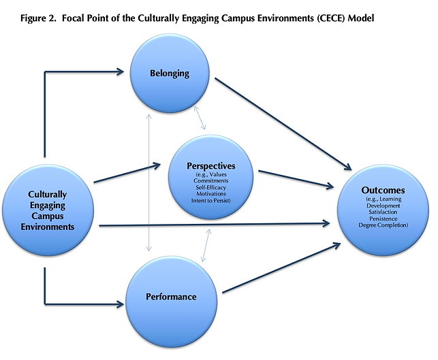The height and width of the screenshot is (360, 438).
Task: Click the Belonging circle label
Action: pos(170,73)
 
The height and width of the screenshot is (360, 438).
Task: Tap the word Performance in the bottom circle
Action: pos(171,297)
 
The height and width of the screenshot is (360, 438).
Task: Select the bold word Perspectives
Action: pos(211,166)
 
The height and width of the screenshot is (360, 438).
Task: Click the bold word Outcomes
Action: pos(383,190)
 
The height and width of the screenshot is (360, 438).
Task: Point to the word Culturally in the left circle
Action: pos(48,195)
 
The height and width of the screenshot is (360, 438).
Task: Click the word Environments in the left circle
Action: pos(48,227)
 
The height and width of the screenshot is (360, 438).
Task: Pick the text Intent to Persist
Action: pos(211,200)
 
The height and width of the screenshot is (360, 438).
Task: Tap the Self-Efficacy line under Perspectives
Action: pos(211,187)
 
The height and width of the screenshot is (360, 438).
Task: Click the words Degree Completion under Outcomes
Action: pos(383,225)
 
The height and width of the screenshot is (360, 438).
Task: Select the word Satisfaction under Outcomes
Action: pos(383,212)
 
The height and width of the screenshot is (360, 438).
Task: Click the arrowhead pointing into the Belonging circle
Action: pos(121,71)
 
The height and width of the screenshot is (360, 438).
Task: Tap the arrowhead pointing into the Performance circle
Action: pos(121,304)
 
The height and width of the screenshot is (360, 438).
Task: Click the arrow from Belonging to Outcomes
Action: pos(283,124)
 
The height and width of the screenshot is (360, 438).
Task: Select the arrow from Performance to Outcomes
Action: pos(281,268)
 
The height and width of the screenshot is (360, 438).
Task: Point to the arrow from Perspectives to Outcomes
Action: pos(296,179)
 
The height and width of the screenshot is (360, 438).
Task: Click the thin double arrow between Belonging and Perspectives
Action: pos(200,118)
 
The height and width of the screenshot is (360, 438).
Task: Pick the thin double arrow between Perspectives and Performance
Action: pos(206,245)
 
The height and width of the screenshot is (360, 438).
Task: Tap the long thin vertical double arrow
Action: pos(149,182)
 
